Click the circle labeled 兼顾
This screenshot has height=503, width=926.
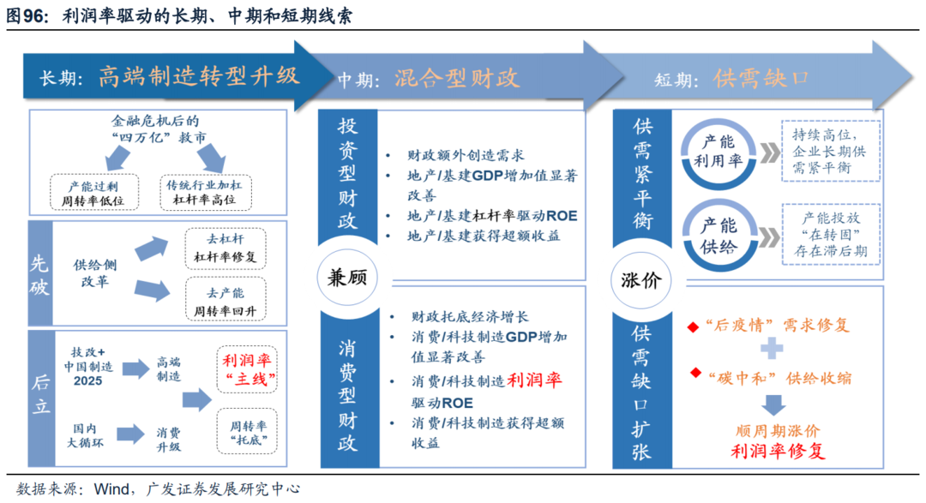coord(347,277)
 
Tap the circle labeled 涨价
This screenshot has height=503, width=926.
coord(641,280)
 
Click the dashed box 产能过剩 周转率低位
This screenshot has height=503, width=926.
coord(94,193)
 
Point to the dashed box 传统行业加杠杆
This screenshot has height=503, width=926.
coord(206,193)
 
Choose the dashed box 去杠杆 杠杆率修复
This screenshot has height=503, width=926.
coord(225,249)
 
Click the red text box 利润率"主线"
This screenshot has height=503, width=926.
coord(247,369)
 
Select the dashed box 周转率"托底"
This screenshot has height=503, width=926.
coord(247,431)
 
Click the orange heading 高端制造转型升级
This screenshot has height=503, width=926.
coord(199,77)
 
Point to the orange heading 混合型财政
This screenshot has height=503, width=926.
coord(456,78)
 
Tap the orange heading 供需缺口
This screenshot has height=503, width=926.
coord(761,78)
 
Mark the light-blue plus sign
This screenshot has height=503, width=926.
coord(772,348)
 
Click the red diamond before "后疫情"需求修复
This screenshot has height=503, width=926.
coord(694,327)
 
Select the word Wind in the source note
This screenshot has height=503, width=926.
coord(111,488)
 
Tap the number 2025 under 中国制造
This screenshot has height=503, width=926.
coord(88,381)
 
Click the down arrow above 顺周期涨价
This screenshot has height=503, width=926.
coord(773,405)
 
